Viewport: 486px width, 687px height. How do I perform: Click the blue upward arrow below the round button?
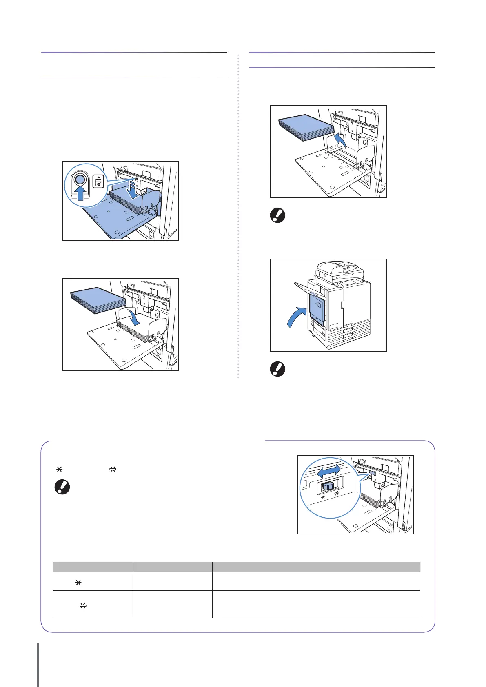coord(81,193)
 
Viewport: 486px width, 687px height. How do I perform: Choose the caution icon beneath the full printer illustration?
coord(278,369)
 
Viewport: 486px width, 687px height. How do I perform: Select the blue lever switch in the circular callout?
coord(328,487)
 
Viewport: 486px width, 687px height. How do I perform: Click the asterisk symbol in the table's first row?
coord(78,583)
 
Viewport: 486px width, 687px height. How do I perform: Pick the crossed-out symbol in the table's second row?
coord(82,606)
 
